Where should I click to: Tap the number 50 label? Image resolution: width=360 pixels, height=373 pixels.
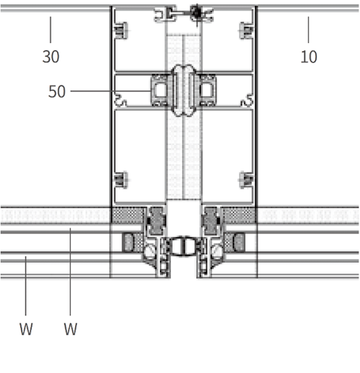coord(57,91)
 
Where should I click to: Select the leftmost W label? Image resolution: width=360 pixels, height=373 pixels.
coord(26,329)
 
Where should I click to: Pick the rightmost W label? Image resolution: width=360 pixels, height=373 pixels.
coord(70,329)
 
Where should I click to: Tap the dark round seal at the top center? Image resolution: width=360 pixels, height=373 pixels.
coord(197,12)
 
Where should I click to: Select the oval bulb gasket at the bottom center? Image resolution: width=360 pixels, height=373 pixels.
coord(183,245)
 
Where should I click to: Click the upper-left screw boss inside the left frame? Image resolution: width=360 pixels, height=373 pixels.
coord(124,31)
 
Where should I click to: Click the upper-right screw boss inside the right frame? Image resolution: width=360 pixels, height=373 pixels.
coord(245,31)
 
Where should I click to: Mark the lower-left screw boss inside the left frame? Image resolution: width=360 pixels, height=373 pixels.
coord(124,180)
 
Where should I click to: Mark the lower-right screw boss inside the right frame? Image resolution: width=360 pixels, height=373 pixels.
coord(245,180)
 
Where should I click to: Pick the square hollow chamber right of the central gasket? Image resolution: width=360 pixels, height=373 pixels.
coord(206,90)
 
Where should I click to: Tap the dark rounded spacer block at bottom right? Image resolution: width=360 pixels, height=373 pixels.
coord(238,242)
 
